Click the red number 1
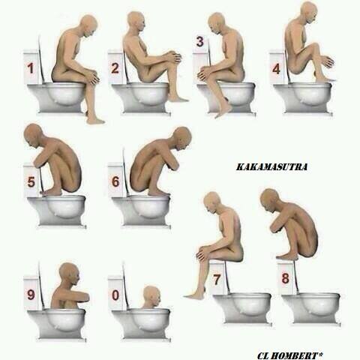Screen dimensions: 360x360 tap(31, 68)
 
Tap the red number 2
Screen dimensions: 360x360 tap(115, 68)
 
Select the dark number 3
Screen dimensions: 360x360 tap(200, 41)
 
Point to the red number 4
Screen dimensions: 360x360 tap(276, 69)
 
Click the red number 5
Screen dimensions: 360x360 tap(31, 181)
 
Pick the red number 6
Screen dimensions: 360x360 tap(115, 181)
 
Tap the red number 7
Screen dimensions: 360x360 tap(217, 279)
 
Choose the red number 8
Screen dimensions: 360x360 tap(285, 278)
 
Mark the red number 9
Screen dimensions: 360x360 tap(31, 295)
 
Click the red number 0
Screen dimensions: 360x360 tap(115, 295)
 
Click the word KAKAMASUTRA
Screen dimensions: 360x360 tap(271, 167)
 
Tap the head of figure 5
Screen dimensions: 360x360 tap(34, 136)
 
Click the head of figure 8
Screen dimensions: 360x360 tap(269, 201)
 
